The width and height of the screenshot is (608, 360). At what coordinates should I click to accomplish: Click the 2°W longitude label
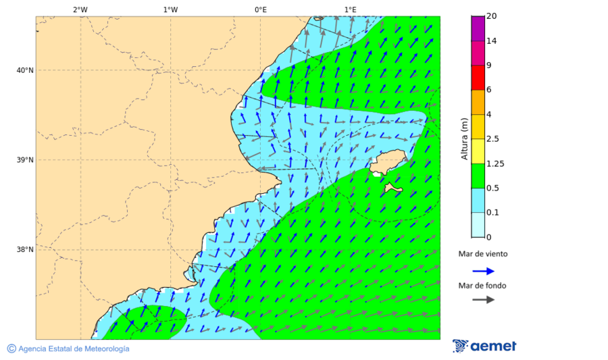pos(80,9)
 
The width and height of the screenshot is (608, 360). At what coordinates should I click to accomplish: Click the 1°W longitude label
pos(170,9)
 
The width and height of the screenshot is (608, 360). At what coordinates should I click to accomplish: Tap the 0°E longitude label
pos(260,9)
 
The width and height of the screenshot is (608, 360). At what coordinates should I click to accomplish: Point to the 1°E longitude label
pos(350,9)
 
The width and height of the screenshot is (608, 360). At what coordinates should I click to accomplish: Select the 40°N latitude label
pos(25,70)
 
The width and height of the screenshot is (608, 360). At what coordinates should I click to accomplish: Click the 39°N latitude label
pos(25,160)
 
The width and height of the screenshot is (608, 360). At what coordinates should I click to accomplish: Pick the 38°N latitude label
pos(25,249)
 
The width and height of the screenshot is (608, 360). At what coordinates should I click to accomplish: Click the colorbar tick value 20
pos(492,16)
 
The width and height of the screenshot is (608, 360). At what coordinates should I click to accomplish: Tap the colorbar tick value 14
pos(492,41)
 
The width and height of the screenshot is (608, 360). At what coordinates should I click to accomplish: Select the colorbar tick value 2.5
pos(492,139)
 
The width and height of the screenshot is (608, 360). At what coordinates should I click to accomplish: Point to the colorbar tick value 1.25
pos(495,163)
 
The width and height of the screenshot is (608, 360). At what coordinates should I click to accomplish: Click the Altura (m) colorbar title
pos(464,138)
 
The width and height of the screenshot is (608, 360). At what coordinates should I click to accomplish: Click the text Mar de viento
pos(482,254)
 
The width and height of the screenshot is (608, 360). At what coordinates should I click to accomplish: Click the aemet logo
pos(484,346)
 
